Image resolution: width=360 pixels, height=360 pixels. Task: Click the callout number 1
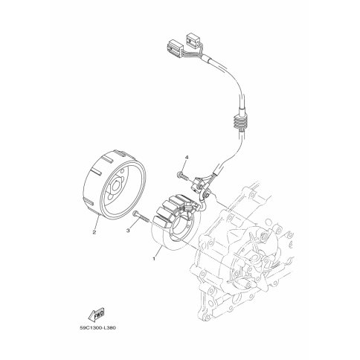point(154,259)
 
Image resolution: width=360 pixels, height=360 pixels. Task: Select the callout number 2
point(94,232)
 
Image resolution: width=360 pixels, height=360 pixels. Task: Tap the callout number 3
point(128,231)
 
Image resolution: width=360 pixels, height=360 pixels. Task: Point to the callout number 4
point(187,157)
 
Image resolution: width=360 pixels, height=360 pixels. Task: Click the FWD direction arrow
point(96,315)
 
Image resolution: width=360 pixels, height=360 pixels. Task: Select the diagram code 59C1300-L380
point(97,328)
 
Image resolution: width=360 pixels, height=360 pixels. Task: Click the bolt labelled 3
point(141,216)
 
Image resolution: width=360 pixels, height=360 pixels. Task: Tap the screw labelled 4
point(183,176)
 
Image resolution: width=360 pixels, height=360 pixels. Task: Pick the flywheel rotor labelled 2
point(114,185)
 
